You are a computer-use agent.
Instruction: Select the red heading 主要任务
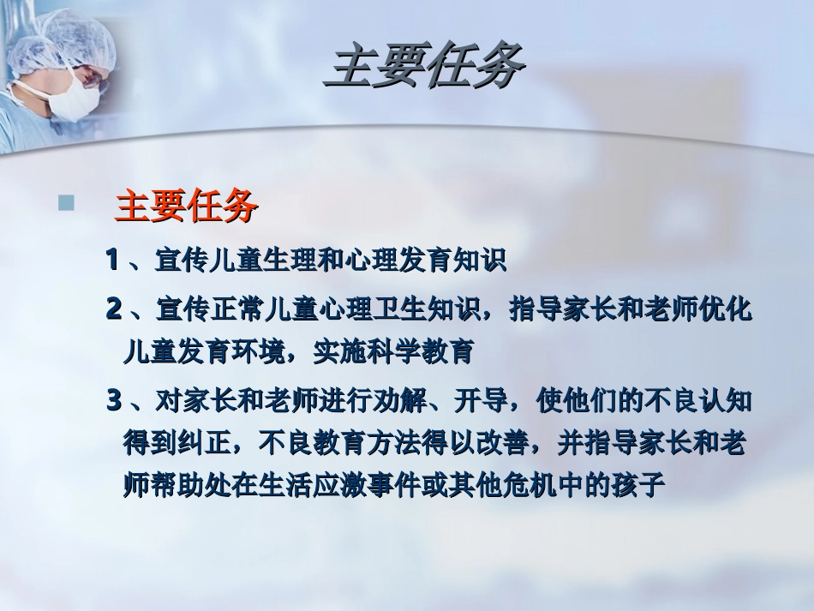coord(186,207)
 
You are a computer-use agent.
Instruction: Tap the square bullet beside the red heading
coord(65,204)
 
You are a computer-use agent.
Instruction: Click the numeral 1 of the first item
coord(111,260)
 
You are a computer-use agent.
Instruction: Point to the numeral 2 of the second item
coord(113,308)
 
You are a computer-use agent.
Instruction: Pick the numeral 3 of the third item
coord(114,400)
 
